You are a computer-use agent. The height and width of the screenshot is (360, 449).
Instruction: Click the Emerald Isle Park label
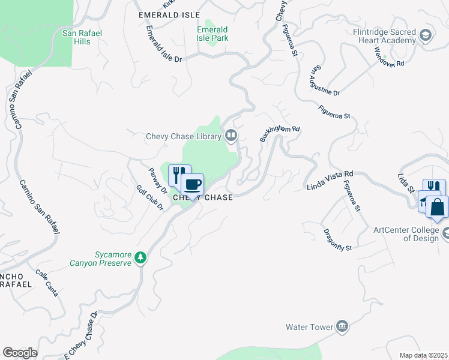point(212,34)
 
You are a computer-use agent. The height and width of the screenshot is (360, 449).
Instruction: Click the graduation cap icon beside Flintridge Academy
point(426,35)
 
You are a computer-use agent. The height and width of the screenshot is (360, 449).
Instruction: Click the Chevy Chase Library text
point(184,137)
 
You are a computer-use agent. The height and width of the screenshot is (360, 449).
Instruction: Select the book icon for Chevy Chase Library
point(231,137)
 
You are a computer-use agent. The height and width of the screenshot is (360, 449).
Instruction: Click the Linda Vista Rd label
point(329,179)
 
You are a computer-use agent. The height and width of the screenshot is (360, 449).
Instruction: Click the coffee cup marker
point(192,185)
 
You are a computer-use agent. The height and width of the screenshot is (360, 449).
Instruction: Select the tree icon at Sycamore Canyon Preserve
point(140,257)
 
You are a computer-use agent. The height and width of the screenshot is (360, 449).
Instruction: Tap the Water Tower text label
point(309,327)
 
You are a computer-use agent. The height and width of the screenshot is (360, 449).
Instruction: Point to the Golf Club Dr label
point(149,197)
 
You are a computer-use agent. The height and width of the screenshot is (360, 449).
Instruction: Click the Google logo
point(20,353)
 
